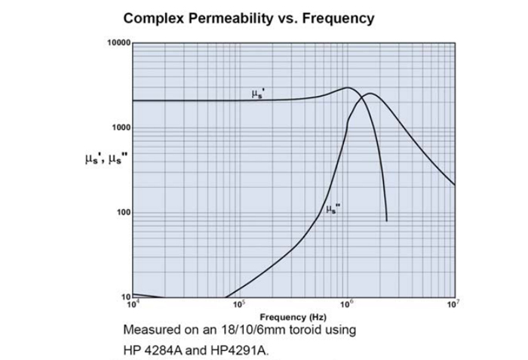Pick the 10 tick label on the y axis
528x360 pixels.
tap(126, 297)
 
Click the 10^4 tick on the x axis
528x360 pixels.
tap(133, 304)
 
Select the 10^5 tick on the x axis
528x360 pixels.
tap(240, 304)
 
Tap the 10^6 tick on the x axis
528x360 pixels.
tap(347, 304)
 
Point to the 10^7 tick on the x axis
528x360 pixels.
tap(454, 304)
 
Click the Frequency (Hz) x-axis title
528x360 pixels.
tap(293, 317)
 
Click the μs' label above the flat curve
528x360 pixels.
tap(257, 94)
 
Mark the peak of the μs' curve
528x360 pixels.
tap(347, 88)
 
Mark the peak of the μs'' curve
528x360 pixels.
tap(370, 94)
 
